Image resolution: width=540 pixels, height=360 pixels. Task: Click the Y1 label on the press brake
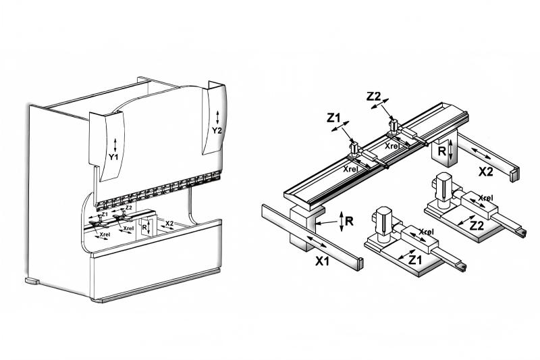pyautogui.click(x=113, y=157)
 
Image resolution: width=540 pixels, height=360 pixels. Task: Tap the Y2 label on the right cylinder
pyautogui.click(x=217, y=130)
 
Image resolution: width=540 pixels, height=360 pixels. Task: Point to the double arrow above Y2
pyautogui.click(x=217, y=118)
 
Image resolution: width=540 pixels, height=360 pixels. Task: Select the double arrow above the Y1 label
pyautogui.click(x=115, y=145)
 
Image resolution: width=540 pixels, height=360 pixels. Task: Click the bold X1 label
pyautogui.click(x=323, y=262)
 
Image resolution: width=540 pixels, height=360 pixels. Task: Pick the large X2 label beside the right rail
pyautogui.click(x=486, y=171)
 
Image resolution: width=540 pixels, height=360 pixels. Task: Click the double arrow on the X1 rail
pyautogui.click(x=317, y=242)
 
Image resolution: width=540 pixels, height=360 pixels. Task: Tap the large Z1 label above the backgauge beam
pyautogui.click(x=333, y=118)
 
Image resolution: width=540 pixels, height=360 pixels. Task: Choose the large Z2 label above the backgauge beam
pyautogui.click(x=374, y=97)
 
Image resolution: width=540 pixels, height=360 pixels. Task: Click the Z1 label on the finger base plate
pyautogui.click(x=415, y=260)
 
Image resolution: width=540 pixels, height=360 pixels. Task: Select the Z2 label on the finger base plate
pyautogui.click(x=477, y=226)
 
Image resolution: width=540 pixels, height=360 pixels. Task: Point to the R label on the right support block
pyautogui.click(x=441, y=151)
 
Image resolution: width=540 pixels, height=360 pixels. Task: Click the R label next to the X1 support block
pyautogui.click(x=349, y=221)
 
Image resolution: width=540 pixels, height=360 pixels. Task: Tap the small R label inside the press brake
pyautogui.click(x=144, y=227)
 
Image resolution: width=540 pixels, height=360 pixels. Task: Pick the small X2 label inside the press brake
pyautogui.click(x=169, y=224)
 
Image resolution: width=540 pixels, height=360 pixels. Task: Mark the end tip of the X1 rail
pyautogui.click(x=360, y=264)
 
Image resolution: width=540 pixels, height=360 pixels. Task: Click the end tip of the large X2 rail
pyautogui.click(x=514, y=174)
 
